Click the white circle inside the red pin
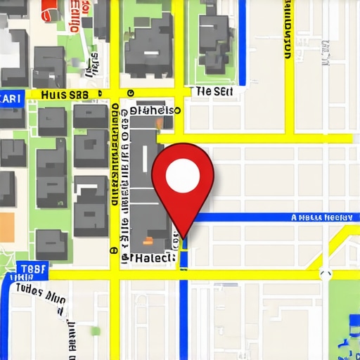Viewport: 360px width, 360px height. [182, 172]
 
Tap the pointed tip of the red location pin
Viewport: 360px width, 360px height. [184, 238]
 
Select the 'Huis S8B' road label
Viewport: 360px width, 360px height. [65, 94]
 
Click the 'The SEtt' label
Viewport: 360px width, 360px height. [214, 91]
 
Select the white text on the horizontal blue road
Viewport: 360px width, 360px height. [321, 218]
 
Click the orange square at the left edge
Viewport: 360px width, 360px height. [6, 227]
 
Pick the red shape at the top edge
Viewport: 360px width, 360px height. [49, 8]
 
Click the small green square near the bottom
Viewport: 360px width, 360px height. [96, 330]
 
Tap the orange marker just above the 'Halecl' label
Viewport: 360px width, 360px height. [171, 241]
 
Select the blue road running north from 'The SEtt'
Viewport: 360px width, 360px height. [241, 42]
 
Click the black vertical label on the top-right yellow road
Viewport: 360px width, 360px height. [288, 32]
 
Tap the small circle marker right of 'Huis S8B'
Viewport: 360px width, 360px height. [130, 92]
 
